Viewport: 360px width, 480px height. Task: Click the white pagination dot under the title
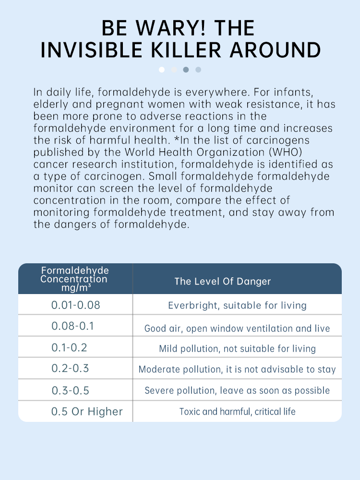162,70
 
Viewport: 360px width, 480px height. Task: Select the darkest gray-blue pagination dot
186,70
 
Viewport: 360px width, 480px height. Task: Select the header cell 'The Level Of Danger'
222,282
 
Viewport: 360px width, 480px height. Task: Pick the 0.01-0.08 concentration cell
76,305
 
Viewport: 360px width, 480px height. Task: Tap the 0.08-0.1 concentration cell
73,326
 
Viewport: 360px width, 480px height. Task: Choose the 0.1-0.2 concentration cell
70,347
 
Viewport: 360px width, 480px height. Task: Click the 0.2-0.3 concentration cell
70,369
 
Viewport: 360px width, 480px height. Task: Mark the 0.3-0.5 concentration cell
71,390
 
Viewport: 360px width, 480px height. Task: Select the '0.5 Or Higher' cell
87,412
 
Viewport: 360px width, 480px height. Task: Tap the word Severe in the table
159,391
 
